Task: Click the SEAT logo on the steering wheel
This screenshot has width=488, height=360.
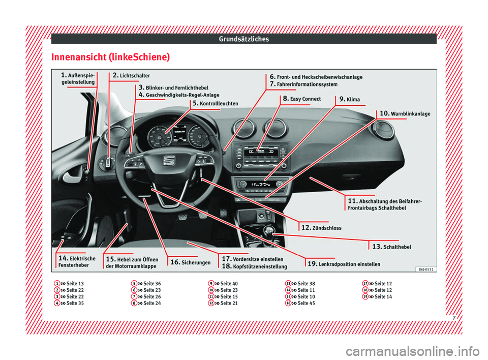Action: tap(168, 161)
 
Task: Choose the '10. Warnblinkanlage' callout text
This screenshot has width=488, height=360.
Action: tap(405, 113)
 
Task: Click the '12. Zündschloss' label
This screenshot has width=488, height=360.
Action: tap(321, 228)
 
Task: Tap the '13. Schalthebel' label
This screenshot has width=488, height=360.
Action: tap(391, 247)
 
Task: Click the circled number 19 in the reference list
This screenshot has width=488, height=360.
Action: tap(365, 296)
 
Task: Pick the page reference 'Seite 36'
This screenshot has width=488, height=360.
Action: tap(152, 283)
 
